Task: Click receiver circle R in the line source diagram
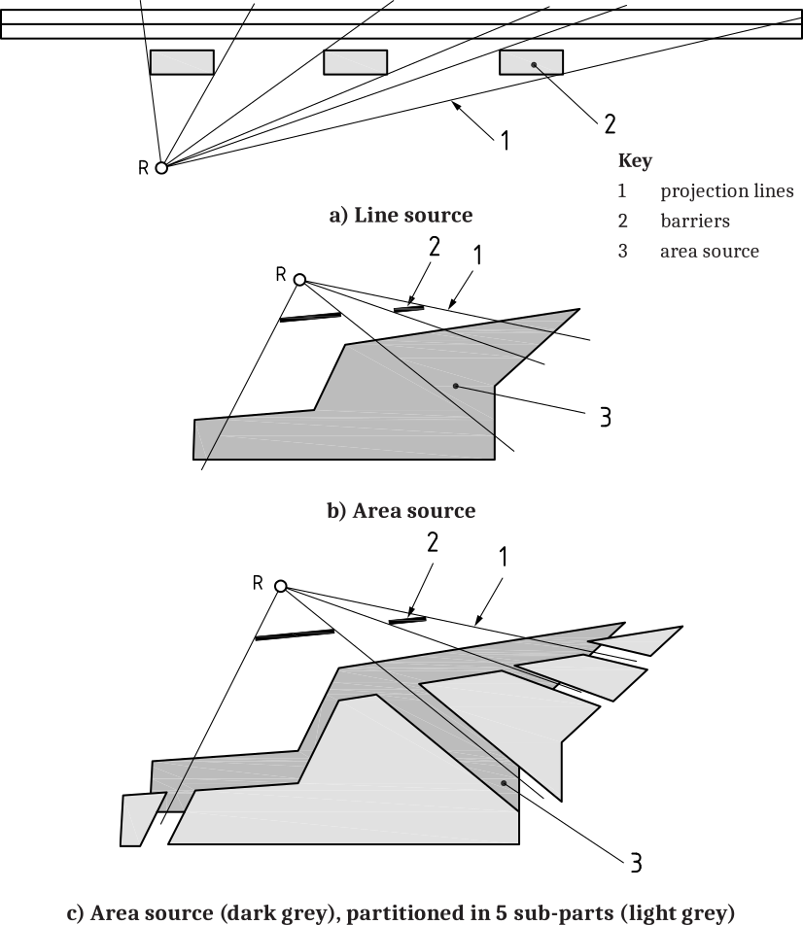tap(161, 167)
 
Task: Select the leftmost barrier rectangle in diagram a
tap(182, 62)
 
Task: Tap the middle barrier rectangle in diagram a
tap(356, 62)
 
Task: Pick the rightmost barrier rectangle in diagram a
tap(532, 62)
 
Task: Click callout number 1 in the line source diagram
tap(505, 140)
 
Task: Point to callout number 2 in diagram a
tap(610, 124)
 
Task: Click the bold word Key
tap(636, 160)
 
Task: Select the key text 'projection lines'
tap(727, 191)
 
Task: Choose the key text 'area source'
tap(710, 252)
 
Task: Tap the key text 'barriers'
tap(695, 222)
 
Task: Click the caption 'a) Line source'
tap(401, 215)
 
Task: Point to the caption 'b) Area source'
tap(401, 510)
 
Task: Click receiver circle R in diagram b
tap(300, 280)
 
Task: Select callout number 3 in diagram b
tap(606, 417)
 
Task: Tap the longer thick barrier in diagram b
tap(310, 318)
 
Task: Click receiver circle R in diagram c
tap(281, 586)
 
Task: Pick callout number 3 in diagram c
tap(636, 863)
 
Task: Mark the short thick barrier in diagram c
tap(407, 620)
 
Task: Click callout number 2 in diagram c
tap(433, 542)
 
